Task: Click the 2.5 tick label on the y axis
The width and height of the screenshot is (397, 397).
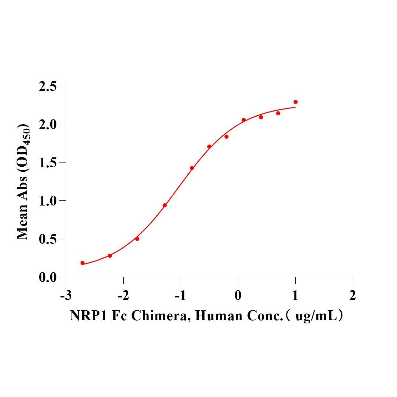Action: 47,86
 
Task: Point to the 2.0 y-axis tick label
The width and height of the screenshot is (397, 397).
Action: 47,124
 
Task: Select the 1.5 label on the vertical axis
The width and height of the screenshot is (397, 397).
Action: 47,162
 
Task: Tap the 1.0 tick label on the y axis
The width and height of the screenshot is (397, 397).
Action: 47,201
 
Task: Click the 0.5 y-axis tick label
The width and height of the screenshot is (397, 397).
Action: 47,239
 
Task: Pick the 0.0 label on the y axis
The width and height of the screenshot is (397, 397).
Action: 47,278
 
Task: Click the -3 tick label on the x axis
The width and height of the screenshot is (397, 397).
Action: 65,296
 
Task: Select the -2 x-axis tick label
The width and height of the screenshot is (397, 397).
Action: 123,296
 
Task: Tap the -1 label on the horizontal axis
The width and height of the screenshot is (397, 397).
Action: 180,296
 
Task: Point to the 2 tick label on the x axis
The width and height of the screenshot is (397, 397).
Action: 352,296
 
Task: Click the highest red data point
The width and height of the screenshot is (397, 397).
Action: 295,102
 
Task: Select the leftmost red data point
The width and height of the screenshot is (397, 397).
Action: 83,263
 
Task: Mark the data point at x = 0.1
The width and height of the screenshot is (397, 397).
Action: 243,120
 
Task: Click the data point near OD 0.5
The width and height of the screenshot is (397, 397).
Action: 137,239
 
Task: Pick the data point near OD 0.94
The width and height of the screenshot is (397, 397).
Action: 164,205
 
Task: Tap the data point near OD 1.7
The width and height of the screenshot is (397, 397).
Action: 209,147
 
